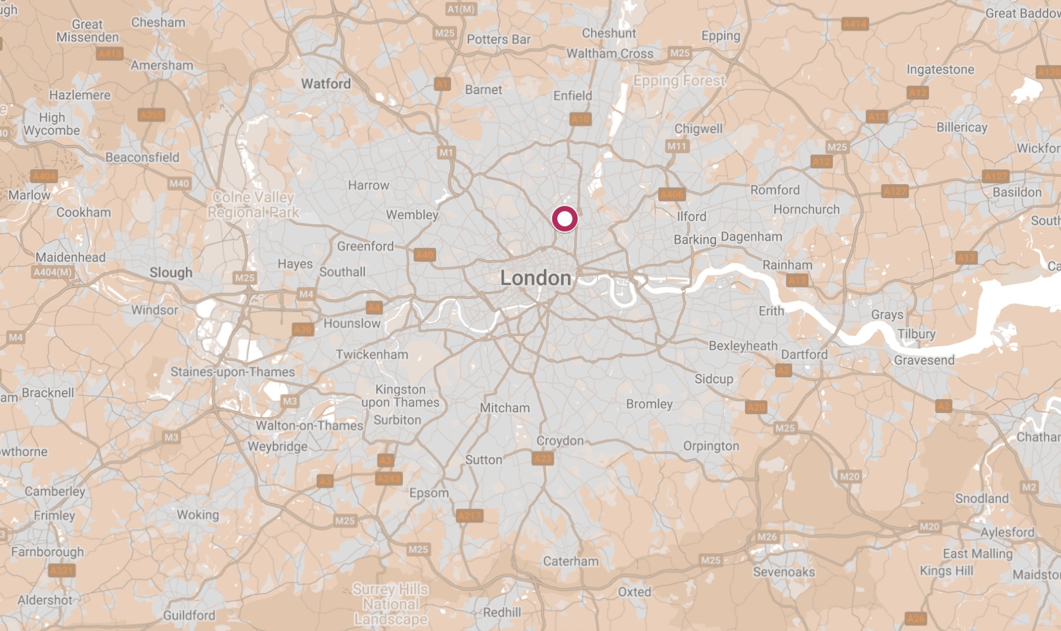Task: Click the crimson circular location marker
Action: pos(564,219)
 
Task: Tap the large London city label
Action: pos(535,278)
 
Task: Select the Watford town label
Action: pos(326,84)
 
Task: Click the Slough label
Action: pos(170,273)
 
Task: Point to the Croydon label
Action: pos(560,441)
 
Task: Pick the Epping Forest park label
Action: pos(679,81)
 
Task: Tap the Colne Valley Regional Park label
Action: pos(253,205)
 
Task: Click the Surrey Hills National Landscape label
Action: pos(391,604)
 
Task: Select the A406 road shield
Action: pos(671,194)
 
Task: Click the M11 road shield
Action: pos(676,146)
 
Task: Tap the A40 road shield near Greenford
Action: pos(424,255)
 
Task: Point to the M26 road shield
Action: pos(767,537)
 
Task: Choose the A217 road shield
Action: pos(469,516)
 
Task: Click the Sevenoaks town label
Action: pos(783,572)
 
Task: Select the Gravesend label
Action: pos(924,360)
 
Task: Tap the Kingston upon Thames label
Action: pos(400,396)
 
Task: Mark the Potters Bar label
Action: pos(498,40)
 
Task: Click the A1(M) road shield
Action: pos(461,9)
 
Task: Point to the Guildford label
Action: pos(189,615)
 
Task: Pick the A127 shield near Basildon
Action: pos(995,176)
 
